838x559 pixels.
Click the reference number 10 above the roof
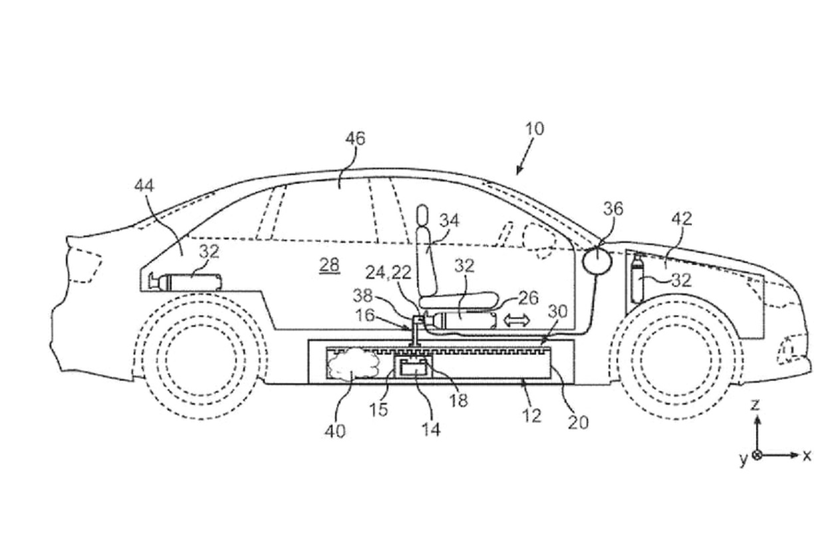534,128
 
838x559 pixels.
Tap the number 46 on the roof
355,139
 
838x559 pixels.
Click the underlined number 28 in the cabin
329,265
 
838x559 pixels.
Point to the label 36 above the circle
613,209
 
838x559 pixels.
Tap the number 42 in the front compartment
682,219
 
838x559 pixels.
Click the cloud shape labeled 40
352,365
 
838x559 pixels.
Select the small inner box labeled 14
417,369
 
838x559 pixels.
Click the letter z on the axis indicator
756,404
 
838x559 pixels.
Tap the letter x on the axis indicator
807,456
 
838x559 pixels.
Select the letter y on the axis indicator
744,459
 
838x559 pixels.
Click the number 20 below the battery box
579,421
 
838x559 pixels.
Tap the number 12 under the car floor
532,415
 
